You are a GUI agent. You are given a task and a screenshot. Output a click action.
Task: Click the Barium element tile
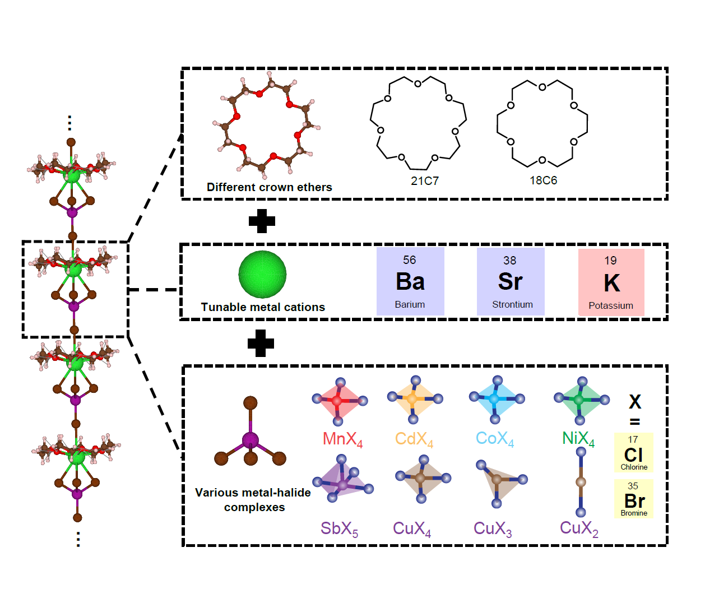(410, 281)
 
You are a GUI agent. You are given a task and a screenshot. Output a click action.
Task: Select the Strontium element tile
(511, 281)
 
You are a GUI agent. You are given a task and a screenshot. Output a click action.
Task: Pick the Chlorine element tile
(633, 452)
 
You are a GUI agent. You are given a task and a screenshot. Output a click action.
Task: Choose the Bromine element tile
(634, 499)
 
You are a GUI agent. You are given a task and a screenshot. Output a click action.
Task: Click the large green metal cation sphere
(262, 274)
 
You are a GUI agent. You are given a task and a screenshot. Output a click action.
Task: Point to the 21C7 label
(424, 181)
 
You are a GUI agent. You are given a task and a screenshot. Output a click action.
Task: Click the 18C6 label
(543, 180)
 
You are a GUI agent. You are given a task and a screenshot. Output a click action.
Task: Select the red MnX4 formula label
(342, 439)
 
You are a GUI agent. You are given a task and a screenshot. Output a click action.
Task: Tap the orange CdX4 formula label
(414, 439)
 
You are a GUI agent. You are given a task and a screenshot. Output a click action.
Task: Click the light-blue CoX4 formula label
(495, 439)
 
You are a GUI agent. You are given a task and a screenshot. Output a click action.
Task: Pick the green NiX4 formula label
(578, 439)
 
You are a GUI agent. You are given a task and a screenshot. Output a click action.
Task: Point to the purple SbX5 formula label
(339, 528)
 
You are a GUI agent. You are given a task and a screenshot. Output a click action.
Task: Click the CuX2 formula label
(579, 528)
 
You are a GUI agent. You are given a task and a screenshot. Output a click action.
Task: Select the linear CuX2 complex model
(581, 482)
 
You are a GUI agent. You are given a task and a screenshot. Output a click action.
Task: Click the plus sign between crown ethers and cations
(262, 221)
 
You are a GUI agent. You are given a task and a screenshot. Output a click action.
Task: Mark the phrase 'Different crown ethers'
(269, 187)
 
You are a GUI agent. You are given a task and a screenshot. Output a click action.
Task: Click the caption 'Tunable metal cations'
(263, 307)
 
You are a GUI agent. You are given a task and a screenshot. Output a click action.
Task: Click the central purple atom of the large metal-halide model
(250, 440)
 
